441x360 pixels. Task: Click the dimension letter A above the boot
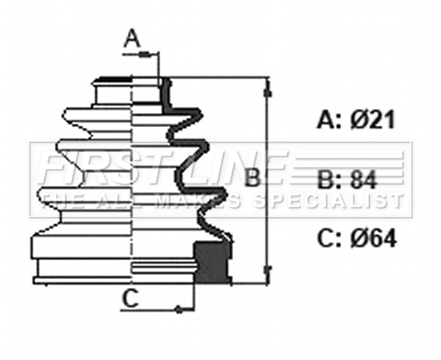pos(132,38)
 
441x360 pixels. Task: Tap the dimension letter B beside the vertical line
pos(253,177)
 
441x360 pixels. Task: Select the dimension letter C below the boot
pos(130,299)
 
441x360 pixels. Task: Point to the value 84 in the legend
pos(362,178)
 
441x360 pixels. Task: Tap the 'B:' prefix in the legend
pos(328,178)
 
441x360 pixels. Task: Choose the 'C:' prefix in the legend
pos(328,238)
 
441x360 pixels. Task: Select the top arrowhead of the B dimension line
pos(267,86)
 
